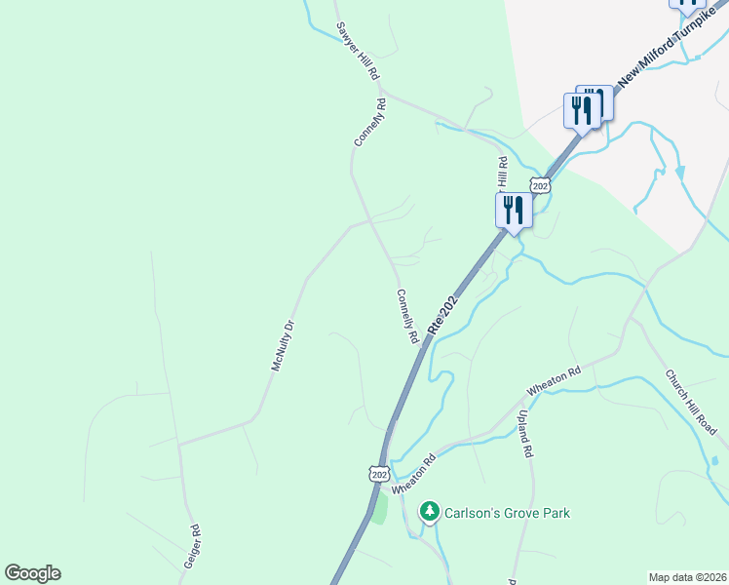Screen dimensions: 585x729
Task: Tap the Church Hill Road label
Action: click(692, 402)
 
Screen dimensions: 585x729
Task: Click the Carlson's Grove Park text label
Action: click(507, 513)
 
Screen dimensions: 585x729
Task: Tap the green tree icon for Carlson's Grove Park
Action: click(429, 512)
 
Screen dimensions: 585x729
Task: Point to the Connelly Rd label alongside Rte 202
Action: click(407, 316)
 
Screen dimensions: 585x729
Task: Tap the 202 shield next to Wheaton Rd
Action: click(381, 473)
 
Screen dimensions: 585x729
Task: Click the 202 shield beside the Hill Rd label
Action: click(541, 185)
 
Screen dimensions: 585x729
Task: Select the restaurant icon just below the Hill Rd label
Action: click(513, 211)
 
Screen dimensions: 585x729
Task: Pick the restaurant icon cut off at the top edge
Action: click(688, 5)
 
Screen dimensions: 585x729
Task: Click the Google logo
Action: click(32, 573)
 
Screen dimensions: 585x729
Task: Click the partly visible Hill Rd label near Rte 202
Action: click(502, 173)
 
